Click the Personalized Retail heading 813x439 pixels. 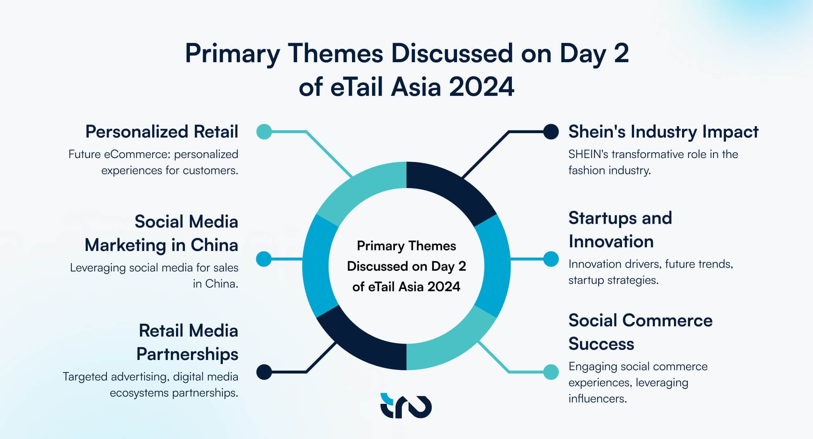pyautogui.click(x=162, y=132)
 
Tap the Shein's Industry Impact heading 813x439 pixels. pyautogui.click(x=663, y=132)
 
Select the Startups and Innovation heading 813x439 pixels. pyautogui.click(x=620, y=230)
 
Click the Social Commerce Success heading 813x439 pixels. pyautogui.click(x=640, y=332)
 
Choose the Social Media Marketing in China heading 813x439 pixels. pyautogui.click(x=162, y=233)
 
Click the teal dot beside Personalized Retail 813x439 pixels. pyautogui.click(x=264, y=132)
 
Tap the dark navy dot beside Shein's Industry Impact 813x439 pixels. pyautogui.click(x=551, y=132)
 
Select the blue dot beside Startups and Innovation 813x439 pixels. pyautogui.click(x=551, y=259)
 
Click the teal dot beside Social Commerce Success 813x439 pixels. pyautogui.click(x=551, y=372)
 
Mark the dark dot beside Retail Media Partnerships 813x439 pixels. pyautogui.click(x=264, y=372)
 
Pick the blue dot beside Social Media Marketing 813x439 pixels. pyautogui.click(x=264, y=259)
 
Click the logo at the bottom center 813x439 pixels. pyautogui.click(x=406, y=406)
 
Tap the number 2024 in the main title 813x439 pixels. pyautogui.click(x=482, y=87)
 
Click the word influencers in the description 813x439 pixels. pyautogui.click(x=597, y=398)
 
